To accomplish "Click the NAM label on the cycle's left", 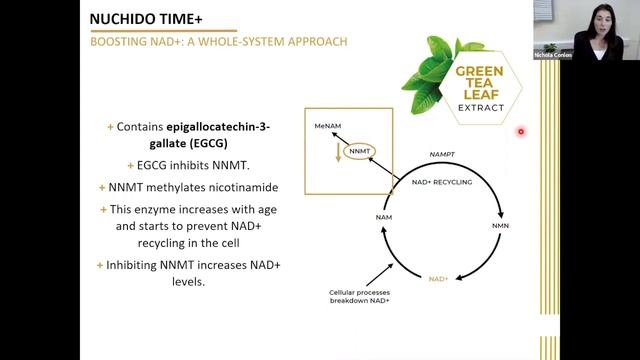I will (x=384, y=217).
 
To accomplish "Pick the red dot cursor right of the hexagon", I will (x=521, y=131).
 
